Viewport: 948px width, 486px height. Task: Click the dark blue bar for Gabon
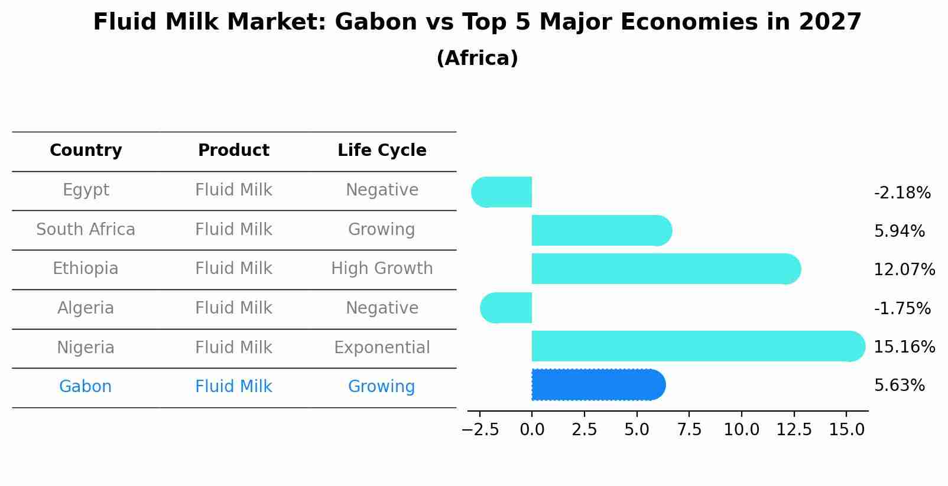(x=599, y=384)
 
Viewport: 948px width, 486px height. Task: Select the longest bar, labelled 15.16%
(x=699, y=346)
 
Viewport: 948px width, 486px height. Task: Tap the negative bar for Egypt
(x=502, y=192)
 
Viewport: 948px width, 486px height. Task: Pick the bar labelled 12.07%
(x=666, y=269)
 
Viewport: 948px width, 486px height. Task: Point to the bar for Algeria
(x=506, y=308)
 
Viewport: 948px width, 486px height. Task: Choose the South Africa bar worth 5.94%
(x=602, y=230)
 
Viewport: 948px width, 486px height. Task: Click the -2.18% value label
(x=902, y=193)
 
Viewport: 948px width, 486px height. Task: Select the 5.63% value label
(x=900, y=386)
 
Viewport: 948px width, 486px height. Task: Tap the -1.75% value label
(x=902, y=308)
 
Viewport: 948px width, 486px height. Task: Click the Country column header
(x=86, y=151)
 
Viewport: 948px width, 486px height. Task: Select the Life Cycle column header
(x=382, y=151)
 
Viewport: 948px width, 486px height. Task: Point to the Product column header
(x=233, y=150)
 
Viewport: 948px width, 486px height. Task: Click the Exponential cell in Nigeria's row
(x=382, y=348)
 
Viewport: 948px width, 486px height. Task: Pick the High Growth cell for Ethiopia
(x=382, y=269)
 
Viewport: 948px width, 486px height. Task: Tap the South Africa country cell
(x=86, y=229)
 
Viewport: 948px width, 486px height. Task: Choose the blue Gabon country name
(x=86, y=387)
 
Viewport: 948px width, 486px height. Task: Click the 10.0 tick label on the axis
(x=742, y=430)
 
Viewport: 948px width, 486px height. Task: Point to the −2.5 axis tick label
(x=480, y=430)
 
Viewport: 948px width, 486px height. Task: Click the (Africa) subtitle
(x=478, y=58)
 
